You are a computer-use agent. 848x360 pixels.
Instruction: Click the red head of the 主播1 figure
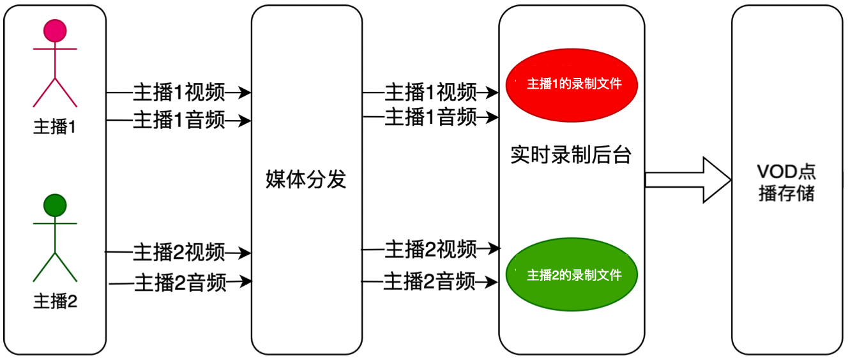point(55,31)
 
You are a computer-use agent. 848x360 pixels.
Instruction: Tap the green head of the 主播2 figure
point(55,205)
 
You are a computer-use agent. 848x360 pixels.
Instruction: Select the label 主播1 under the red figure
point(55,127)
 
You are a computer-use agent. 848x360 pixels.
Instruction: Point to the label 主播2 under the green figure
point(55,301)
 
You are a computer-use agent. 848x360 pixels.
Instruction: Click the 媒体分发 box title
point(306,179)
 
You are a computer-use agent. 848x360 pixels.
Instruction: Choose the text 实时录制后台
point(571,155)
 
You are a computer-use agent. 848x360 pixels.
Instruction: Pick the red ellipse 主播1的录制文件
point(572,84)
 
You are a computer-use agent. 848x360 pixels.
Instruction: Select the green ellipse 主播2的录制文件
point(572,275)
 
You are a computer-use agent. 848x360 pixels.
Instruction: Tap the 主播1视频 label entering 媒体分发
point(179,93)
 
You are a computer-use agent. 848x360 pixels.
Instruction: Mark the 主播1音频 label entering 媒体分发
point(179,120)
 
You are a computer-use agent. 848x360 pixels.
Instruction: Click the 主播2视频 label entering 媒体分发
point(179,253)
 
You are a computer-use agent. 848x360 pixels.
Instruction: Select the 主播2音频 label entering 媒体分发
point(180,281)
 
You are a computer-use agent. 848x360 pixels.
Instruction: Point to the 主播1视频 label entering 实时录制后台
point(430,93)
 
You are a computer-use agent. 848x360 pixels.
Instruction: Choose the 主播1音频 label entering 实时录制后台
point(430,117)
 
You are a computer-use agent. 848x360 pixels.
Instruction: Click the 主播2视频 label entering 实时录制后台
point(430,250)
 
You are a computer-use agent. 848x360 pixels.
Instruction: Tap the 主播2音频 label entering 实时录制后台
point(429,281)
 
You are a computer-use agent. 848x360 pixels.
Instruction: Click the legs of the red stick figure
point(55,93)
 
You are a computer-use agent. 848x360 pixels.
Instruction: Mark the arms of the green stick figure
point(55,223)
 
